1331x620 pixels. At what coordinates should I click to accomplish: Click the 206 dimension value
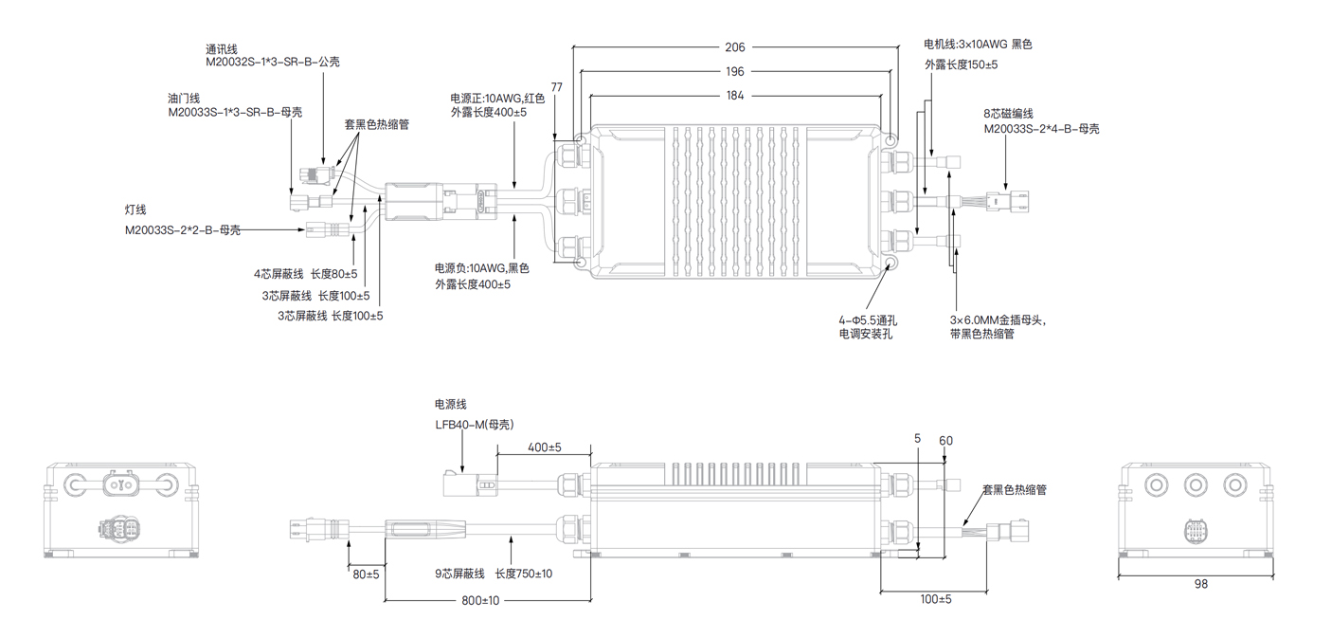pos(734,46)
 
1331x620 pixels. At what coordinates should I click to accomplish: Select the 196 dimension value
pos(734,71)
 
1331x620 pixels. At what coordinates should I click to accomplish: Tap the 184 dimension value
pos(734,95)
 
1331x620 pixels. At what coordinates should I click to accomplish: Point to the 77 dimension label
pos(556,87)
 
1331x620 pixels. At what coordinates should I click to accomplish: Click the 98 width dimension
pos(1200,584)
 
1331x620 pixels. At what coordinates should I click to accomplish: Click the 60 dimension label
pos(945,440)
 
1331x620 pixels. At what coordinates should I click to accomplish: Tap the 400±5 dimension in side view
pos(545,447)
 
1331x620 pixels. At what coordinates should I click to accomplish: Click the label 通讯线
pos(224,47)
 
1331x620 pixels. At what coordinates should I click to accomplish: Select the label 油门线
pos(184,99)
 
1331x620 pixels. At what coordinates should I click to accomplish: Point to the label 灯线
pos(135,210)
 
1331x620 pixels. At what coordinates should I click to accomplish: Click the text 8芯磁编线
pos(1011,115)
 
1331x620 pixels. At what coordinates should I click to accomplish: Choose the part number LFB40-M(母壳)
pos(475,424)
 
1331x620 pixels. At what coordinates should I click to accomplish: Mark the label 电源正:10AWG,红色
pos(497,98)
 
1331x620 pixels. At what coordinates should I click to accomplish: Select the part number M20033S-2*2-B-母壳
pos(183,230)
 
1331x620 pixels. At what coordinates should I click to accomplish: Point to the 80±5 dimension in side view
pos(366,574)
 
